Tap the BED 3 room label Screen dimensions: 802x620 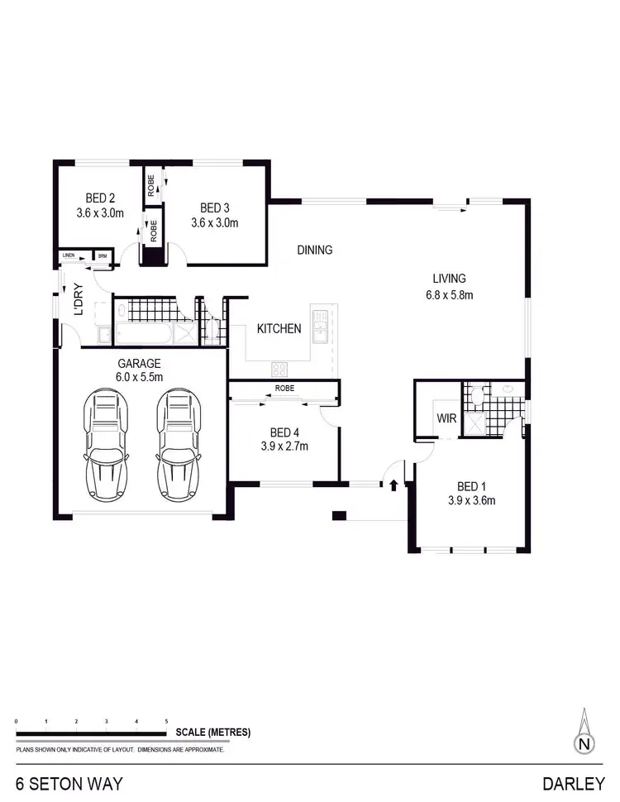click(213, 208)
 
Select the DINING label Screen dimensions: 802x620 click(314, 250)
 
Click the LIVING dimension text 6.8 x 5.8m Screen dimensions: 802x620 click(449, 294)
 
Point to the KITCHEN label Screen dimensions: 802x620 click(279, 329)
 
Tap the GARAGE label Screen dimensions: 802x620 click(139, 363)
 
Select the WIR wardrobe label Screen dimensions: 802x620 click(446, 418)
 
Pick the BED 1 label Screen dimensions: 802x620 click(471, 486)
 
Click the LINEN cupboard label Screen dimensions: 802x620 click(69, 256)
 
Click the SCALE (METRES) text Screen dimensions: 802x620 click(212, 733)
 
